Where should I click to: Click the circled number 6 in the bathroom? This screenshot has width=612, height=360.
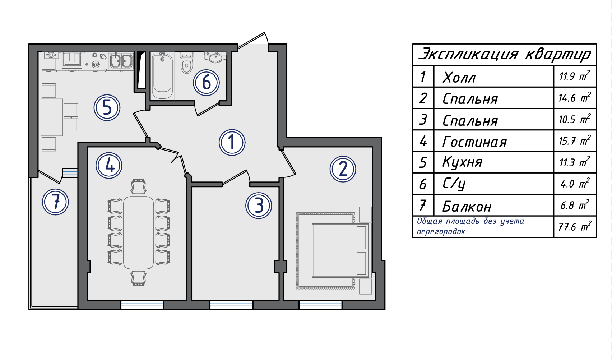pyautogui.click(x=206, y=83)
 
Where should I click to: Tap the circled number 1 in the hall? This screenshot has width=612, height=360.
pyautogui.click(x=232, y=142)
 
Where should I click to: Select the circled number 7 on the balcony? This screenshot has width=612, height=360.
pyautogui.click(x=55, y=202)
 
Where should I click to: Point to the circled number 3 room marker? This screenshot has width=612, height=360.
pyautogui.click(x=259, y=206)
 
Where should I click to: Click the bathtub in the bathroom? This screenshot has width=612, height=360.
pyautogui.click(x=162, y=76)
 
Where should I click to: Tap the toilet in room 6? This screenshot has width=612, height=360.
pyautogui.click(x=187, y=63)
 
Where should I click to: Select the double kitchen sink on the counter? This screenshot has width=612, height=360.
pyautogui.click(x=121, y=60)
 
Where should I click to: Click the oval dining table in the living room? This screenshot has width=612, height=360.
pyautogui.click(x=138, y=232)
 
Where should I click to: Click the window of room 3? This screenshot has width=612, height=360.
pyautogui.click(x=231, y=305)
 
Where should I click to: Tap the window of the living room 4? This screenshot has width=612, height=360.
pyautogui.click(x=142, y=305)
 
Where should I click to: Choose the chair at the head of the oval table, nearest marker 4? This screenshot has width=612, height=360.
pyautogui.click(x=139, y=186)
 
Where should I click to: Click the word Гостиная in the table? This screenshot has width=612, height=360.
pyautogui.click(x=474, y=142)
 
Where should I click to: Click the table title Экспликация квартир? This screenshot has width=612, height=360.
pyautogui.click(x=505, y=54)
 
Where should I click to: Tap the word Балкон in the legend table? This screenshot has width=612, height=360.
pyautogui.click(x=467, y=206)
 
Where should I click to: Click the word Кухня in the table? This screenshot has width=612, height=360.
pyautogui.click(x=462, y=162)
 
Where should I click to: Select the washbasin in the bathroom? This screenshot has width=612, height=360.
pyautogui.click(x=215, y=57)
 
